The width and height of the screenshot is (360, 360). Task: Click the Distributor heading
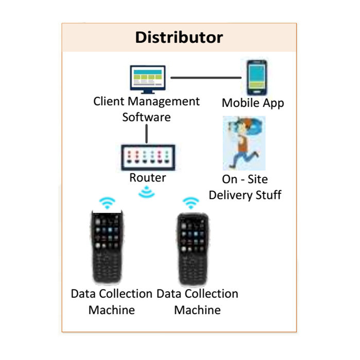[x=179, y=38]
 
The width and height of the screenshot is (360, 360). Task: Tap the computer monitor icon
[x=147, y=78]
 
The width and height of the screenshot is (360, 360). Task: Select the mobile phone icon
[x=256, y=77]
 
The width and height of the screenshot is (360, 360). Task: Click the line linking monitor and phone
[x=206, y=78]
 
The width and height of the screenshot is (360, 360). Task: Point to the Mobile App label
[x=253, y=103]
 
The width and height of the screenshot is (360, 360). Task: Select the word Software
[x=146, y=117]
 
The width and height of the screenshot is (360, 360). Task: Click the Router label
[x=148, y=178]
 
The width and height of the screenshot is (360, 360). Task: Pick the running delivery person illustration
[x=243, y=142]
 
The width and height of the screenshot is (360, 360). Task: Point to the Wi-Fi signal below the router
[x=147, y=193]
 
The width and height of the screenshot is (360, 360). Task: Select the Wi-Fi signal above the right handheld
[x=191, y=203]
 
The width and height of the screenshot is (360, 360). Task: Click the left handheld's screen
[x=107, y=234]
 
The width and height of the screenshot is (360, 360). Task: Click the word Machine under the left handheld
[x=112, y=310]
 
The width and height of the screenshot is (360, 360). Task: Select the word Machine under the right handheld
[x=197, y=310]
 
